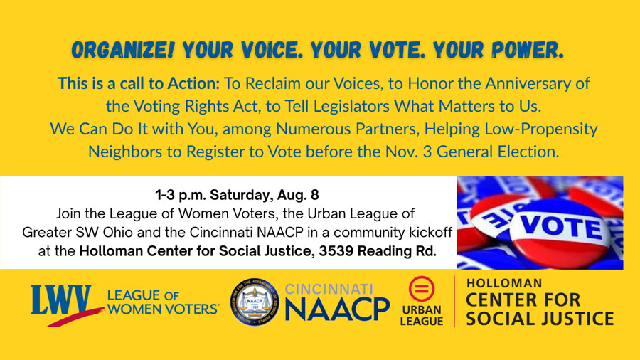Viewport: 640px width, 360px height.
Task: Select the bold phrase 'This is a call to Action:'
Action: (139, 83)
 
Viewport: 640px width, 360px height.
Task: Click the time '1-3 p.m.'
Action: (180, 196)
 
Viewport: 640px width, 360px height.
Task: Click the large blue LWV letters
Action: (61, 300)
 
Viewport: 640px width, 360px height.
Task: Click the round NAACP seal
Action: (255, 302)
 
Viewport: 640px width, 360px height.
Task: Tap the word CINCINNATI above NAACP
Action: (329, 290)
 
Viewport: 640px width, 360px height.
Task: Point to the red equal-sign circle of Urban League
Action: (421, 289)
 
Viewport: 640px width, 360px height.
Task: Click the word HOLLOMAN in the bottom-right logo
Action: (504, 283)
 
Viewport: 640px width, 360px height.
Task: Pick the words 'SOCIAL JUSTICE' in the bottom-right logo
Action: (540, 318)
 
